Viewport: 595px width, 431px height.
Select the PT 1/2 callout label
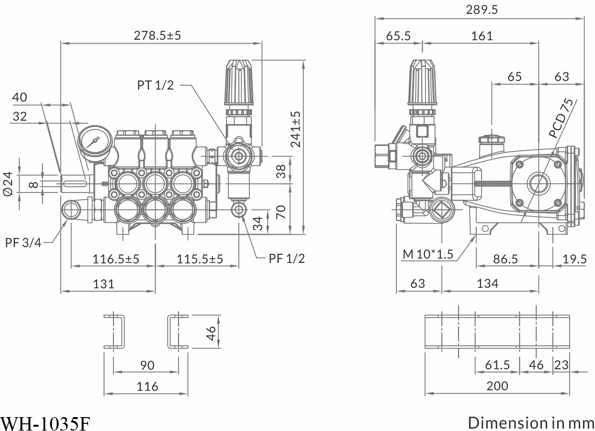[155, 85]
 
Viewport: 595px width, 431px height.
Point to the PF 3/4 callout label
[23, 242]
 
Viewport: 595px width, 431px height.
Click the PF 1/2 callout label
[286, 259]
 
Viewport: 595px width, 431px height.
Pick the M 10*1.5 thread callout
[427, 254]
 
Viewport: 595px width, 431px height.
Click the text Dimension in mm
[530, 423]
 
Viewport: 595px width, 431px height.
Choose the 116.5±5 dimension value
[115, 259]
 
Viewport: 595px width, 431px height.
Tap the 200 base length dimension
[497, 386]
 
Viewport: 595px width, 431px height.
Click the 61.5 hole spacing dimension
[497, 365]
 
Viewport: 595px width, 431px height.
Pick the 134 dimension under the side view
[487, 284]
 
